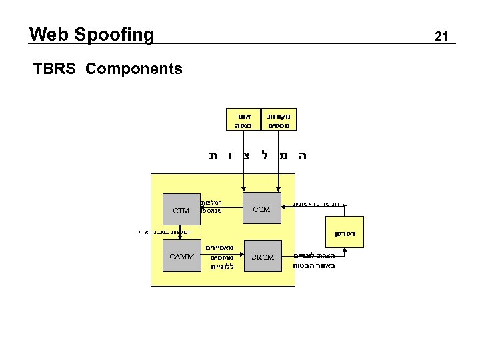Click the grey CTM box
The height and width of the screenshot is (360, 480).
coord(181,211)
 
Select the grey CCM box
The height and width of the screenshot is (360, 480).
coord(262,209)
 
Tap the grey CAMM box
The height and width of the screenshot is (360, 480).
coord(181,257)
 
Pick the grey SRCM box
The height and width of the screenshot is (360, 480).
coord(262,257)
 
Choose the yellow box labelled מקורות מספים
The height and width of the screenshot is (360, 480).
coord(279,119)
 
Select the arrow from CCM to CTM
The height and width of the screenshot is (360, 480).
coord(221,210)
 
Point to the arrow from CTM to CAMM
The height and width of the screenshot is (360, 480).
coord(181,233)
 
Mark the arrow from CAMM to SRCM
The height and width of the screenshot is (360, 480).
coord(221,257)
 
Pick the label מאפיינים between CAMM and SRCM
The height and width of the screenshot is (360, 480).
coord(219,248)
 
